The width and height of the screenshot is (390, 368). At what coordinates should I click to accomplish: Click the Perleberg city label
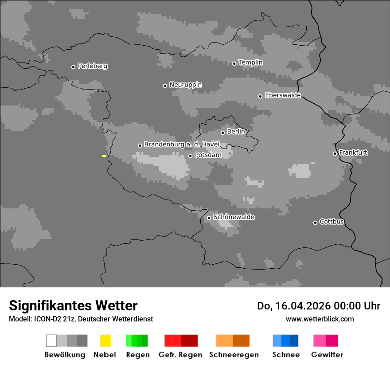(x=92, y=66)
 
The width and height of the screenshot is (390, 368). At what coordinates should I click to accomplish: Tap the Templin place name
(x=250, y=63)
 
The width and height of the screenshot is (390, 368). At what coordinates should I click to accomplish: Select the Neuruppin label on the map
(x=185, y=85)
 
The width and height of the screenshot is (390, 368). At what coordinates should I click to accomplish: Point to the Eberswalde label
(x=283, y=95)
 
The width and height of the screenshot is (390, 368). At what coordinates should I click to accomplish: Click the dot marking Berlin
(x=223, y=133)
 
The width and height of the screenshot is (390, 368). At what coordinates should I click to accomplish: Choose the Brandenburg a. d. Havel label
(x=182, y=145)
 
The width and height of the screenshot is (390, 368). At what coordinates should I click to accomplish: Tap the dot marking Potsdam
(x=191, y=156)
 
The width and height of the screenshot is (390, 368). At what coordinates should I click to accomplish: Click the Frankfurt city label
(x=353, y=153)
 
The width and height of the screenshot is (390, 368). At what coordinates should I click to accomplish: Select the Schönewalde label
(x=234, y=217)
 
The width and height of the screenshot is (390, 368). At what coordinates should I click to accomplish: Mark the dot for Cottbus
(x=316, y=223)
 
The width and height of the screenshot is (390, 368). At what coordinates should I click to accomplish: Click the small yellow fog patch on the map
(x=104, y=156)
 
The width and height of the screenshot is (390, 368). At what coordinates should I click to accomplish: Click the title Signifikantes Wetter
(x=73, y=306)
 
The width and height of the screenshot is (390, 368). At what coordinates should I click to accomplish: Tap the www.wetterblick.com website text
(x=320, y=319)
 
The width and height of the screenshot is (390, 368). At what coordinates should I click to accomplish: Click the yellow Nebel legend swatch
(x=105, y=341)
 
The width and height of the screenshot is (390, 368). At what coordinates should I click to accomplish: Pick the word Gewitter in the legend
(x=327, y=355)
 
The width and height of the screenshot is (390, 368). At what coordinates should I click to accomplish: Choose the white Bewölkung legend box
(x=51, y=341)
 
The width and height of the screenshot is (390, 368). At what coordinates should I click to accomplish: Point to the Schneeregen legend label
(x=234, y=355)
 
